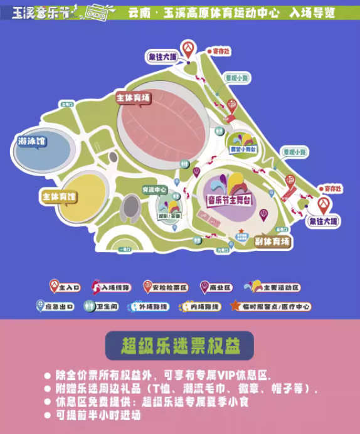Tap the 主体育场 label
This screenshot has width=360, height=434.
pos(134,98)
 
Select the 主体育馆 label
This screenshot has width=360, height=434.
pos(58,197)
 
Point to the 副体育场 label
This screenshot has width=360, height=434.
pos(273,241)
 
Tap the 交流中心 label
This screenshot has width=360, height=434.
pos(154,189)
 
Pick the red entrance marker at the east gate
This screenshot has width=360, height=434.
pos(324,205)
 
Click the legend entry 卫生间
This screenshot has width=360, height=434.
pos(100,306)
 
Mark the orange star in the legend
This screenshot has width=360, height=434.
pos(235,306)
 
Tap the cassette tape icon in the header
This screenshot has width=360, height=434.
pos(97,11)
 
